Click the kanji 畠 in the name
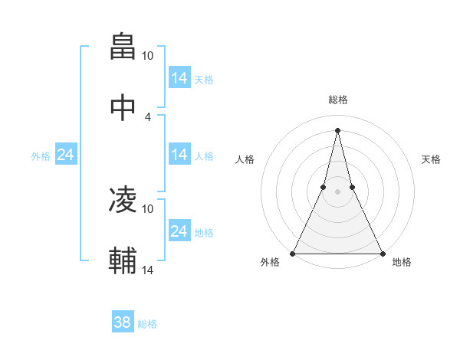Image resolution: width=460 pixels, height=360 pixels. (123, 47)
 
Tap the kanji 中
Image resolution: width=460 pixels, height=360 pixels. (123, 107)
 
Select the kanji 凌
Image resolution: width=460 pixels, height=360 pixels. (123, 200)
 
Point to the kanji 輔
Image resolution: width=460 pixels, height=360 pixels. (123, 260)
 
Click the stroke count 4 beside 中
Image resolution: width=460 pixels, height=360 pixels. (148, 116)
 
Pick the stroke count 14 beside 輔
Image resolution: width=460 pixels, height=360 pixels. (148, 270)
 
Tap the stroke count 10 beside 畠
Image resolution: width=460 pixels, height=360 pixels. (148, 56)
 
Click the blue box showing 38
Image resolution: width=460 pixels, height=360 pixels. (123, 323)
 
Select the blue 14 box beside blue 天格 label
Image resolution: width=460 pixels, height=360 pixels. (179, 78)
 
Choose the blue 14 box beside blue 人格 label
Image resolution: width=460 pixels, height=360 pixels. (179, 155)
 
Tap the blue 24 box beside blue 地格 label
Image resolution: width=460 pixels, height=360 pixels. (179, 231)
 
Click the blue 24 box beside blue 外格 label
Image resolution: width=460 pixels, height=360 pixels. (65, 155)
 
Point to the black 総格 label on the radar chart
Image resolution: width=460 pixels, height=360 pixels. (337, 100)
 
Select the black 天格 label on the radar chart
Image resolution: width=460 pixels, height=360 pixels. (432, 159)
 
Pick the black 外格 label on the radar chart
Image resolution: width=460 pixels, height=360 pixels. (270, 263)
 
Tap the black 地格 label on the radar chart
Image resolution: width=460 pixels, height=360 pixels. (402, 263)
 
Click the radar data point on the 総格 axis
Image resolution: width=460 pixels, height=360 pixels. (337, 130)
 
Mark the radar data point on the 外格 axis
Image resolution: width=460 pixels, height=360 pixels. (293, 253)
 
